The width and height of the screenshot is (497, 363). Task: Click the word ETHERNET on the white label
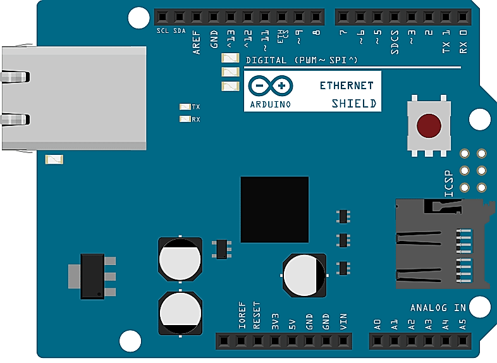coord(346,85)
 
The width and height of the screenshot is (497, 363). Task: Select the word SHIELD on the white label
coord(354,104)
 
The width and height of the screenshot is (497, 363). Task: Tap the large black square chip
coord(274,209)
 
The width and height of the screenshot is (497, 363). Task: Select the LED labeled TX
coord(185,107)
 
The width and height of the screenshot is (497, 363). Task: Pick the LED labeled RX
coord(185,119)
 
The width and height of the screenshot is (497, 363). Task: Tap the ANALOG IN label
coord(438,308)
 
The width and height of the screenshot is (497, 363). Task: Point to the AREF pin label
coord(197,44)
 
